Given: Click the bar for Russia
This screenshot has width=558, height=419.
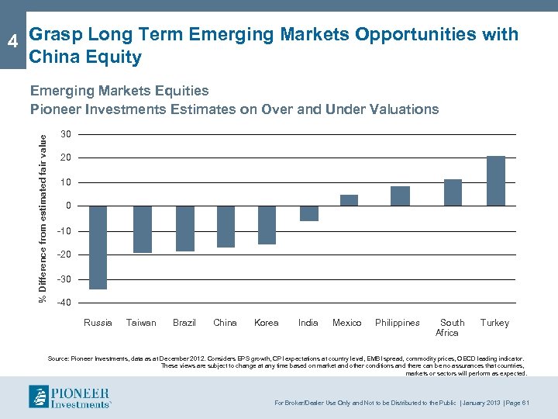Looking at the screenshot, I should [x=98, y=248].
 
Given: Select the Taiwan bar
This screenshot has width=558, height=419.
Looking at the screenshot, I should [x=142, y=229].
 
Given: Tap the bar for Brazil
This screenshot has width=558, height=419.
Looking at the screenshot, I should [x=185, y=228].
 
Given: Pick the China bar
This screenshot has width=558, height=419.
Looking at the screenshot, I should [x=226, y=227].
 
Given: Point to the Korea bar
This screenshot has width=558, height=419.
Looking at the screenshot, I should [x=267, y=225].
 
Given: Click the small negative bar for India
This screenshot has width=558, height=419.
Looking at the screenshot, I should [x=308, y=213].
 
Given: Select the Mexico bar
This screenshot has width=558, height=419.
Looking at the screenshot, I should [x=349, y=200].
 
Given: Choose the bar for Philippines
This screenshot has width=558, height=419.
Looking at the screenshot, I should [x=400, y=196].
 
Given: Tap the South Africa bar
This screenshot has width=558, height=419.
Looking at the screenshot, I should [x=453, y=192].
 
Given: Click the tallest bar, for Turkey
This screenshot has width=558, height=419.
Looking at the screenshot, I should [x=496, y=181].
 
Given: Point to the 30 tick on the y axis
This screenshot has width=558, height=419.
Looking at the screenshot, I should [x=66, y=135].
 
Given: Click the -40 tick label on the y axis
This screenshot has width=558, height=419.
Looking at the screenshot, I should [x=64, y=303].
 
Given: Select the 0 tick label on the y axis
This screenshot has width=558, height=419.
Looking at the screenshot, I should [x=68, y=206].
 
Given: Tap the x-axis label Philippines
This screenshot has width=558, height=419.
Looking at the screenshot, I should [x=398, y=323].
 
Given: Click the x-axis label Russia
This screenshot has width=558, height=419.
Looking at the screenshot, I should [x=98, y=323].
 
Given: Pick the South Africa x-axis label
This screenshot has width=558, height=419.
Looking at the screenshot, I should [x=450, y=327].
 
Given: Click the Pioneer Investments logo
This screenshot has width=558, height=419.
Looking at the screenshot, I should [x=70, y=396].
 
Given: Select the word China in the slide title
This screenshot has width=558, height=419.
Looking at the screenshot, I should [x=51, y=57].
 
